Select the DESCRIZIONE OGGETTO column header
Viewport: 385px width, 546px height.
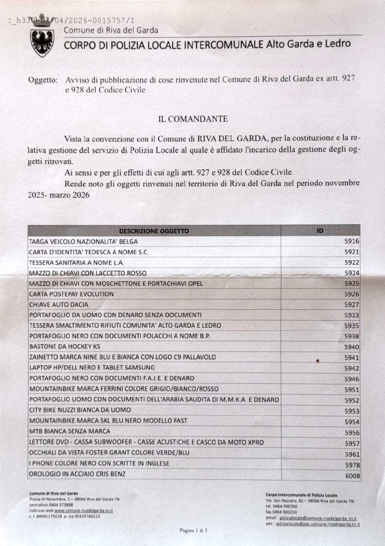pos(154,231)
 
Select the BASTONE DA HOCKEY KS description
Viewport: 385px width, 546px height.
pos(65,347)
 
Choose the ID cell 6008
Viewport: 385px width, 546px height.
pos(352,476)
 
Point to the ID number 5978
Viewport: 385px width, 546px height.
pos(352,465)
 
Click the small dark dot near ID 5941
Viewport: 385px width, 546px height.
pos(317,360)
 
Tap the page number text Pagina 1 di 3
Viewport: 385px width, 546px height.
pos(193,530)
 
